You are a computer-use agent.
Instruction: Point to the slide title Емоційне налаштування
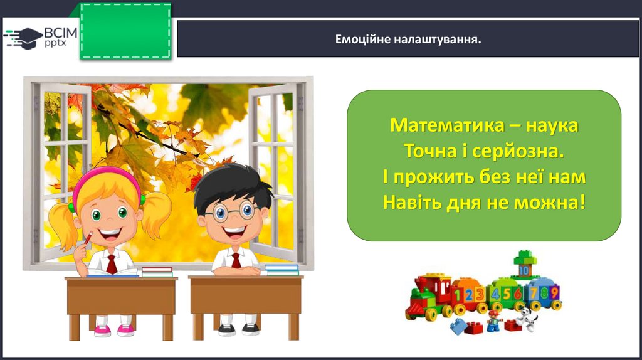[408, 40]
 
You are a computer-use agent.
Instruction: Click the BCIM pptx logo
[40, 38]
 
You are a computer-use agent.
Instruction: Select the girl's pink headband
[107, 179]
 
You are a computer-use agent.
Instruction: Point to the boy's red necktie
[236, 260]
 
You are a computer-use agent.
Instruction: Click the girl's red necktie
[112, 264]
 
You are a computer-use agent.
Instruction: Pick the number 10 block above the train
[524, 270]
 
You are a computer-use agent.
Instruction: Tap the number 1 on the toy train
[458, 295]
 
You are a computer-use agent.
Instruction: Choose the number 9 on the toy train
[554, 292]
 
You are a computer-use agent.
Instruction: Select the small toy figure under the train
[494, 320]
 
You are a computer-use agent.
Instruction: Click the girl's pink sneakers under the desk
[114, 330]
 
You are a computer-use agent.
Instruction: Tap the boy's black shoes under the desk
[238, 329]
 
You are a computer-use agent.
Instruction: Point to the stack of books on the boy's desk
[282, 270]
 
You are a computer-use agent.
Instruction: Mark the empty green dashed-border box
[125, 31]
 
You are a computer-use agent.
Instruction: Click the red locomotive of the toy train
[429, 297]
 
